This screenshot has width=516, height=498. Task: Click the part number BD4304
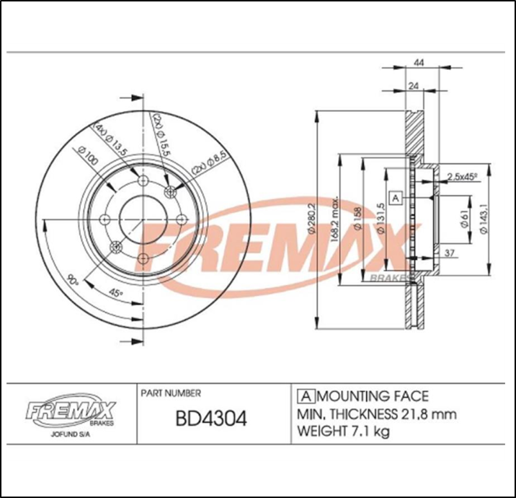point(212,418)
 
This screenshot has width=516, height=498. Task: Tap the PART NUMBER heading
point(170,393)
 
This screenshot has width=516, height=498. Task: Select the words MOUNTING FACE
point(373,396)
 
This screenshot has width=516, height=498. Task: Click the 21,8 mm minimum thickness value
point(427,414)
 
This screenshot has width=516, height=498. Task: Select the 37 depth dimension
point(449,253)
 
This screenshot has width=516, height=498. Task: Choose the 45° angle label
point(112,292)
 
